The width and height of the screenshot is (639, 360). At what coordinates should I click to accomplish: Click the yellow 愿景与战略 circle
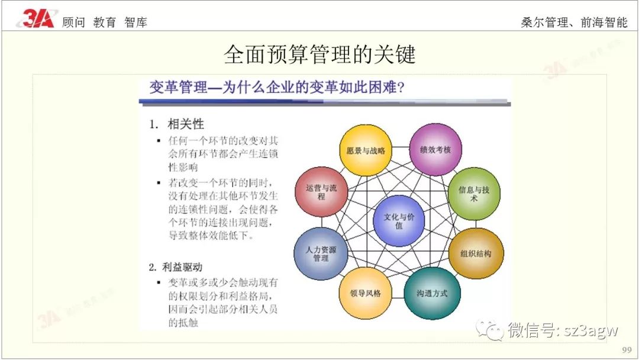pyautogui.click(x=366, y=150)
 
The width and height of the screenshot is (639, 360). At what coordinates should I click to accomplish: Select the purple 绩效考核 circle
pyautogui.click(x=435, y=149)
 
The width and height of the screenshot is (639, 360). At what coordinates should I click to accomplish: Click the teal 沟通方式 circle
pyautogui.click(x=431, y=293)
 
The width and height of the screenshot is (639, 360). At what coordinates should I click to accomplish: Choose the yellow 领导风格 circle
pyautogui.click(x=364, y=293)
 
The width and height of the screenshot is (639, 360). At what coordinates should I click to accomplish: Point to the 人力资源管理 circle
pyautogui.click(x=321, y=253)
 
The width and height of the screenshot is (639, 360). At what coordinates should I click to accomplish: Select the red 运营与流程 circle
pyautogui.click(x=321, y=192)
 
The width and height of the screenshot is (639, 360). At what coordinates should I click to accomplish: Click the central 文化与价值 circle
pyautogui.click(x=399, y=221)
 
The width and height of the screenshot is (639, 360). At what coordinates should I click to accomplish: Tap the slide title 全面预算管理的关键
pyautogui.click(x=319, y=55)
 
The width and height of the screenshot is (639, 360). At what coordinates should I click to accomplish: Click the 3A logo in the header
pyautogui.click(x=37, y=20)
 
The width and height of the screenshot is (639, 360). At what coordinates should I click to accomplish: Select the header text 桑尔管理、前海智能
pyautogui.click(x=574, y=22)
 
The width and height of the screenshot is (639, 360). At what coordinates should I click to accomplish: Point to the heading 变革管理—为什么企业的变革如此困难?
pyautogui.click(x=277, y=88)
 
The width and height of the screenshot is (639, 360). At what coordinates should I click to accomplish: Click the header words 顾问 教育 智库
pyautogui.click(x=105, y=22)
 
